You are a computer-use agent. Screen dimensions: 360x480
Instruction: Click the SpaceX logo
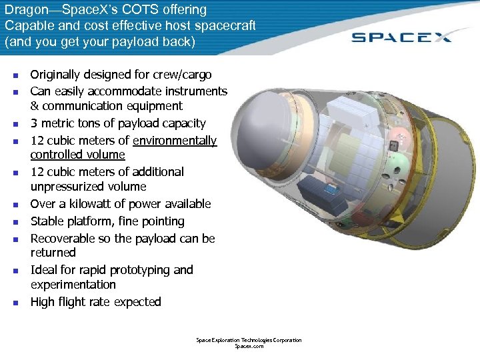tap(401, 37)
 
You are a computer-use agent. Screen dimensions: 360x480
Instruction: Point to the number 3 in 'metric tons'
tap(34, 123)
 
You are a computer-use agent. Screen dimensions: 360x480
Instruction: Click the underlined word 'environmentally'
tap(175, 141)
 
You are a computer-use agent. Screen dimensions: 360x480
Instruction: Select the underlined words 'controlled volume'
tap(77, 155)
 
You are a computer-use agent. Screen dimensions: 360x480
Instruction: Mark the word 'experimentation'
tap(73, 285)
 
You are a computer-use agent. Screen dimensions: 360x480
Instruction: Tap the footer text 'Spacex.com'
tap(249, 347)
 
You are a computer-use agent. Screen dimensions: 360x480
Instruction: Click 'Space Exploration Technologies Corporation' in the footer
tap(249, 340)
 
